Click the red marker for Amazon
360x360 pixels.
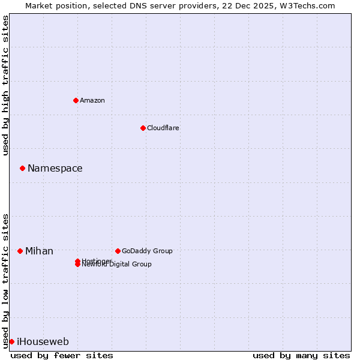(76, 100)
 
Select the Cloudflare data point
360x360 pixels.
(143, 128)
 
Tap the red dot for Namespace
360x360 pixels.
(22, 169)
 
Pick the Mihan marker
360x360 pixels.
(20, 251)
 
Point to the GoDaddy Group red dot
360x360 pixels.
(118, 251)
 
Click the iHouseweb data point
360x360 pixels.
(11, 341)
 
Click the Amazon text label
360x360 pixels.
(92, 100)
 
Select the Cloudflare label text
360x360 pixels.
(163, 128)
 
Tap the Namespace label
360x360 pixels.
(55, 169)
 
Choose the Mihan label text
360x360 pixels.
(39, 251)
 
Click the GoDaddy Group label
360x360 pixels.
(147, 251)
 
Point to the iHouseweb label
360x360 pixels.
(43, 342)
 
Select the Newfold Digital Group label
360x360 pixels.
(118, 265)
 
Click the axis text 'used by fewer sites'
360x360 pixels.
(62, 355)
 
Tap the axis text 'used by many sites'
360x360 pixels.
(301, 355)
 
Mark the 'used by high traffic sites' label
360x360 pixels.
(5, 85)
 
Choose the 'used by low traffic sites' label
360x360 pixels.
(5, 280)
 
